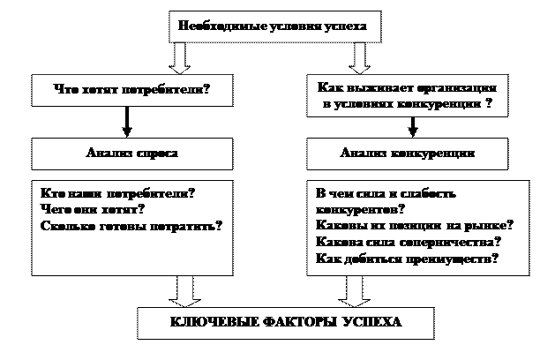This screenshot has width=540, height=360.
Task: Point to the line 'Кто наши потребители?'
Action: tap(117, 192)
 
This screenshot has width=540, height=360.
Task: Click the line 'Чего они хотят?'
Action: tap(93, 209)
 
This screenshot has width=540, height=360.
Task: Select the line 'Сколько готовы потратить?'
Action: tap(131, 226)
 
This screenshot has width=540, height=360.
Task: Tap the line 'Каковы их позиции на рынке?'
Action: tap(415, 226)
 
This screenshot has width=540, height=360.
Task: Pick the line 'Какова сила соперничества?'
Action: tap(408, 243)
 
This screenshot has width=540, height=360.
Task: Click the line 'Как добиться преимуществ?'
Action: tap(406, 259)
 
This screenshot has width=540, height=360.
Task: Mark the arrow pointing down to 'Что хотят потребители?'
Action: tap(180, 58)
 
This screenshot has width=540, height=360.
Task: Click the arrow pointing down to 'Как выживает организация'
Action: tap(359, 58)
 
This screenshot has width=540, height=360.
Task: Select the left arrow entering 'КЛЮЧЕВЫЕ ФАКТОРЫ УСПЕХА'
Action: tap(185, 290)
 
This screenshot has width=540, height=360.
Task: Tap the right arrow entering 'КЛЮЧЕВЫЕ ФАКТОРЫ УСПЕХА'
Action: tap(354, 290)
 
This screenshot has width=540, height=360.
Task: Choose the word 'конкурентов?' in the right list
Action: tap(359, 209)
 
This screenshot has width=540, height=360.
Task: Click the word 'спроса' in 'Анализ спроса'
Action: tap(158, 153)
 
